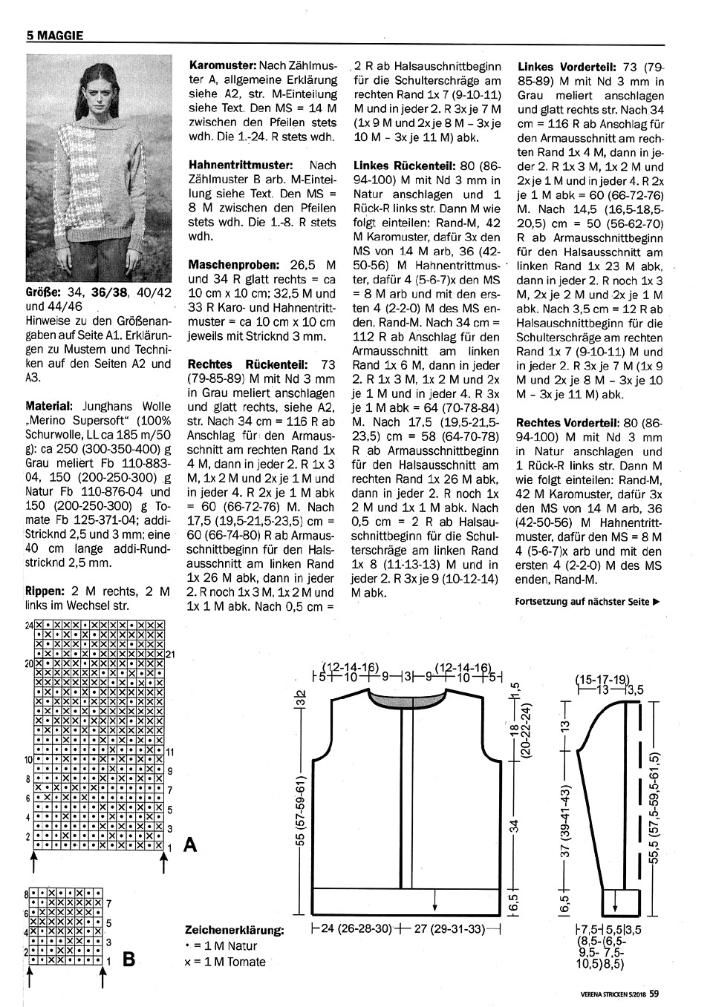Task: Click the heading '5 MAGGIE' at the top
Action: (x=53, y=34)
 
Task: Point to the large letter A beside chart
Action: (x=190, y=844)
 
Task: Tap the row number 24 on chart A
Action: (x=29, y=626)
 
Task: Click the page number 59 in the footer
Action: (x=654, y=992)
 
